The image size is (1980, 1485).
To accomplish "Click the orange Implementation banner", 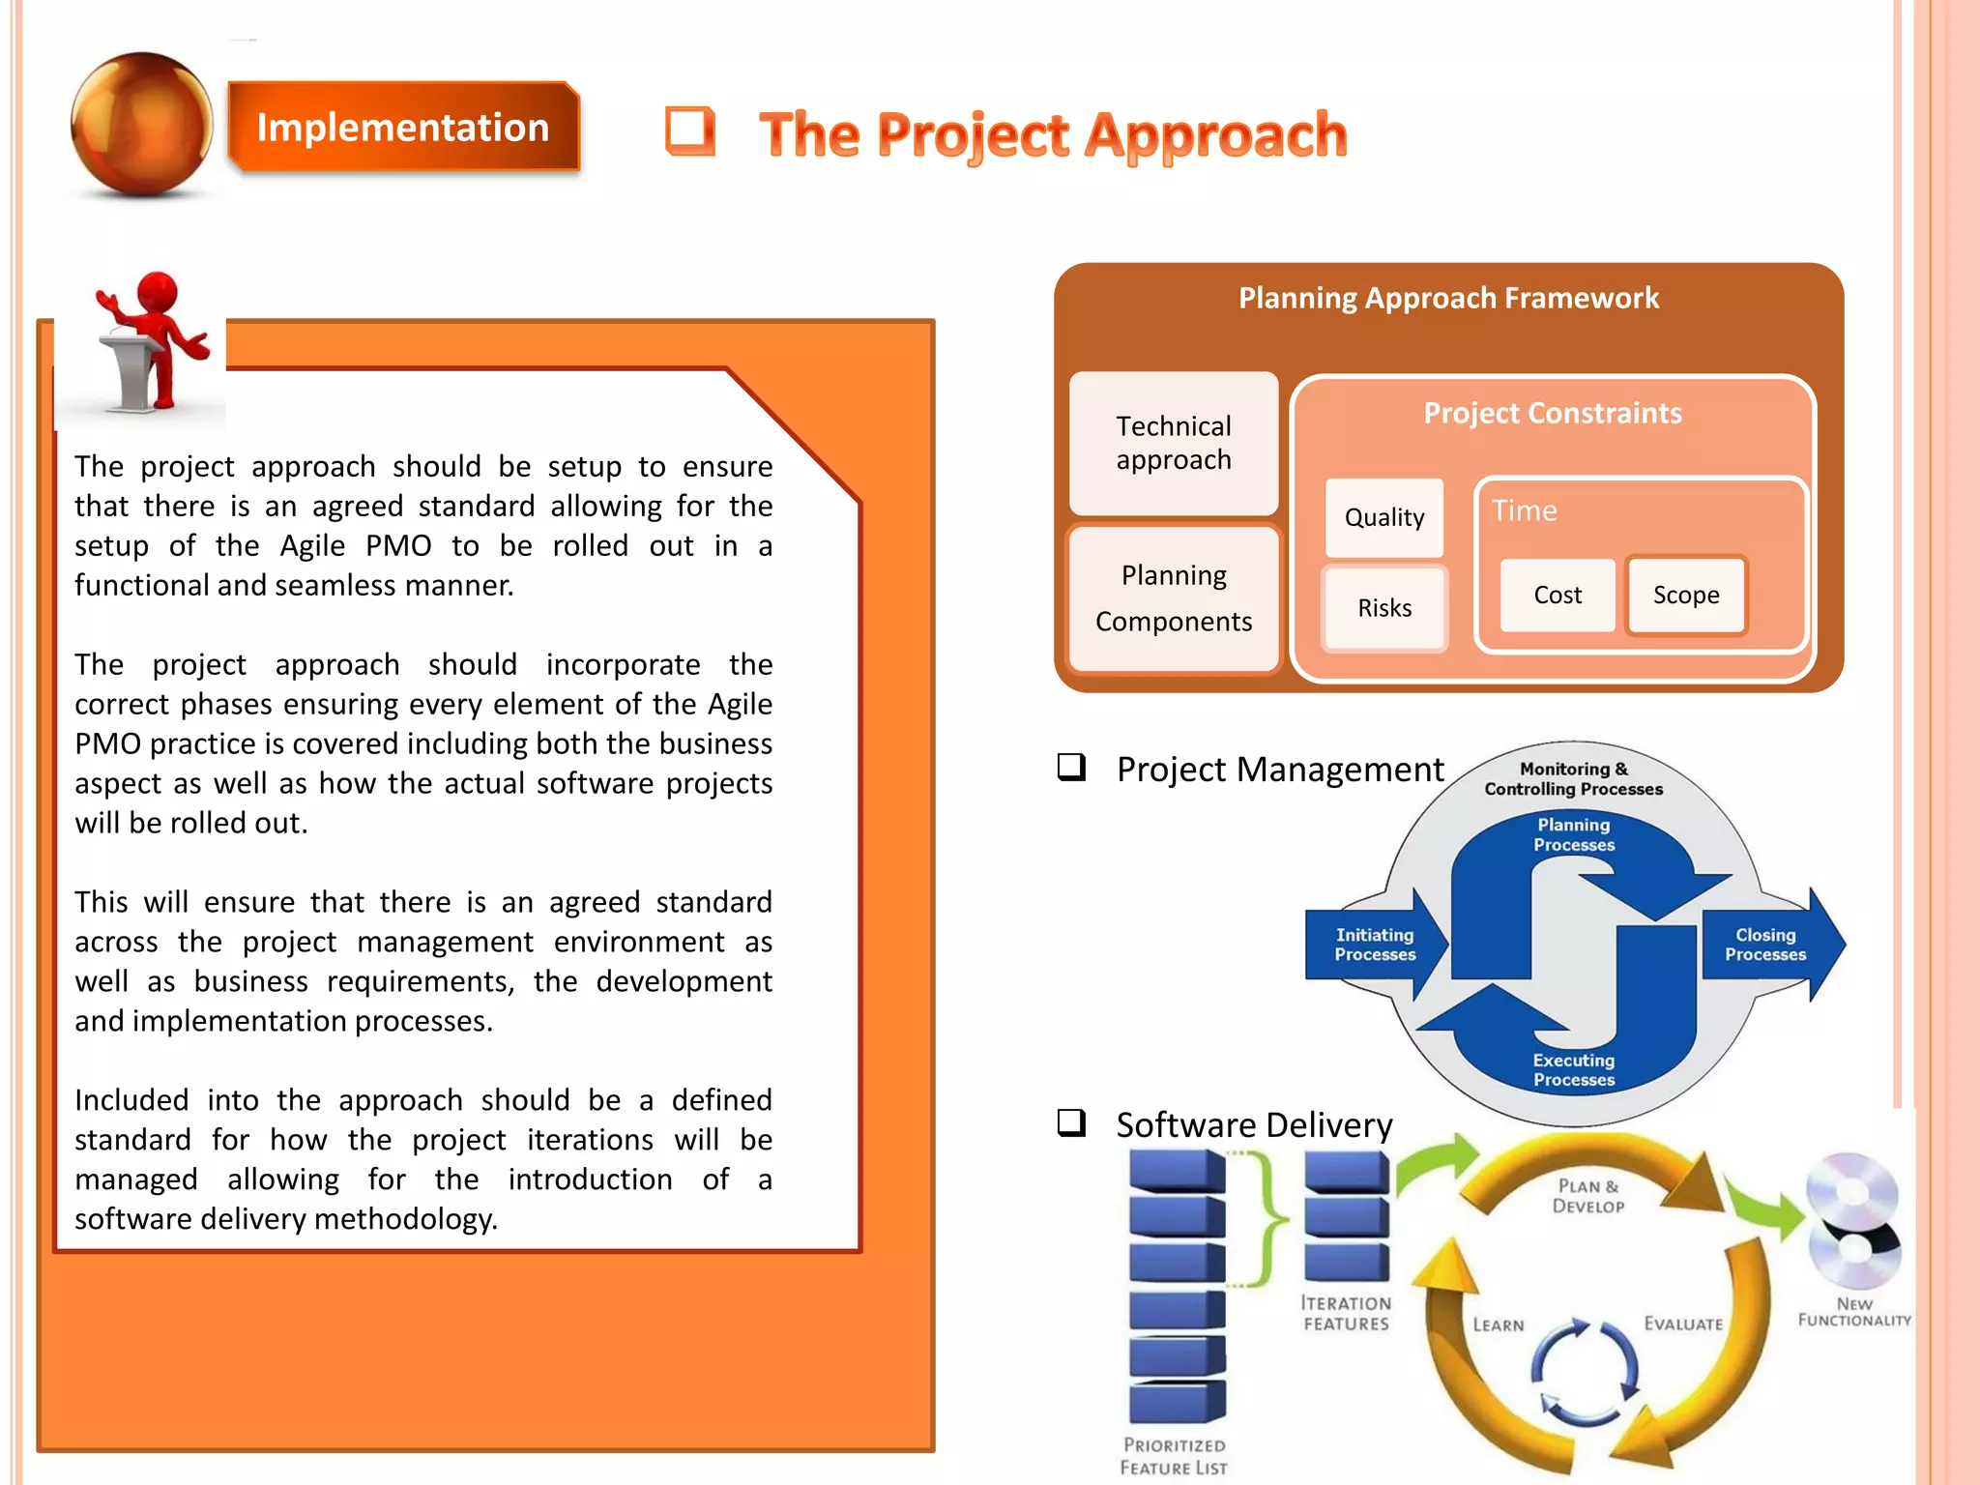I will [x=402, y=128].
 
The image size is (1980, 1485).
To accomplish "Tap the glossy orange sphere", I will [x=142, y=124].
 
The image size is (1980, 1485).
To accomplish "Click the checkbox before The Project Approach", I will [x=690, y=131].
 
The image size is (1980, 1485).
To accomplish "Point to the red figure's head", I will [x=158, y=291].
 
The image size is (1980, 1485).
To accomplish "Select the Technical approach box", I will [x=1174, y=443].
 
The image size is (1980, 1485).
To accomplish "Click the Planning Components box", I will [x=1174, y=598].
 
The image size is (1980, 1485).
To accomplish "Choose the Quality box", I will [x=1383, y=517].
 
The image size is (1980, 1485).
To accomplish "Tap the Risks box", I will [x=1383, y=608].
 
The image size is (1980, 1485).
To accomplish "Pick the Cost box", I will [x=1558, y=596].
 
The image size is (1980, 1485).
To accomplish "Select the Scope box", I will [x=1686, y=596].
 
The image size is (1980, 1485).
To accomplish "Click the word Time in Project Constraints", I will [x=1525, y=510].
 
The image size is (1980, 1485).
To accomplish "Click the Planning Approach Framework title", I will [x=1448, y=298].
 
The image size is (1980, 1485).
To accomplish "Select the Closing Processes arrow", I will [x=1767, y=945].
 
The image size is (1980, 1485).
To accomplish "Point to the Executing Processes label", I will [x=1574, y=1070].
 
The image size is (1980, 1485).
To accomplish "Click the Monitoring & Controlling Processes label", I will [x=1574, y=779].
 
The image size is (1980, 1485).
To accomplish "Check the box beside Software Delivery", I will [x=1071, y=1123].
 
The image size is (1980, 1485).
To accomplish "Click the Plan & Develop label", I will [x=1587, y=1197].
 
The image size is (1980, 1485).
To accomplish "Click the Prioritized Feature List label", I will [x=1174, y=1456].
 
